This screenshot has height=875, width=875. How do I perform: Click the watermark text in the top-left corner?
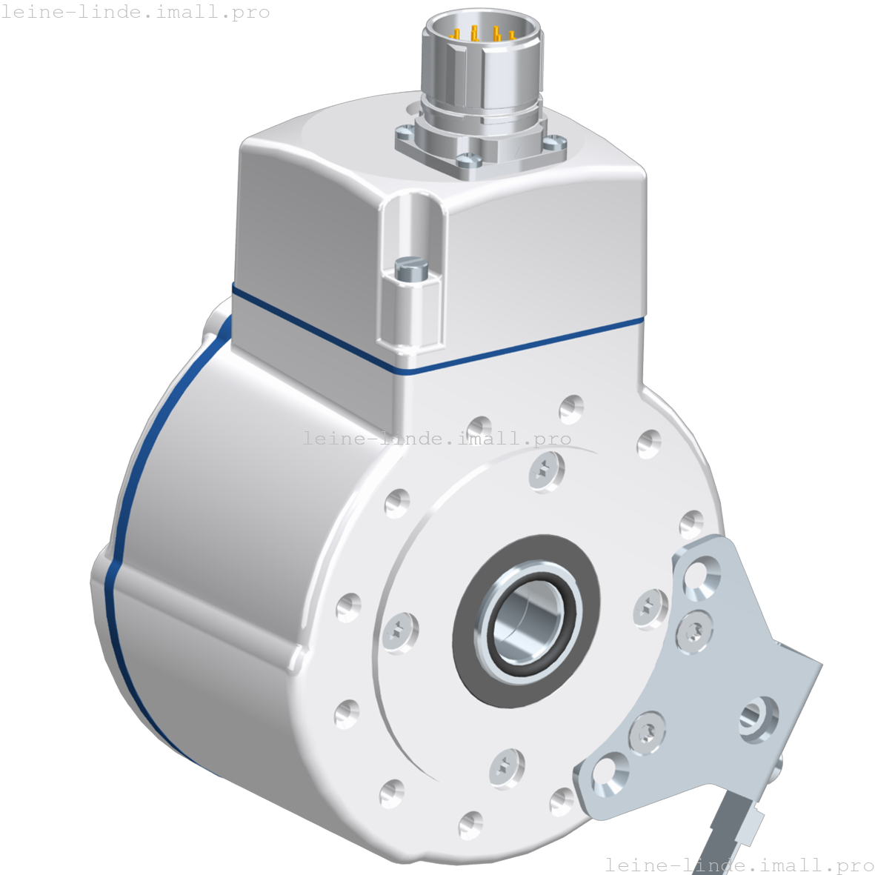(135, 12)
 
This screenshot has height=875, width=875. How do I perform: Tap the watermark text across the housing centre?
(437, 439)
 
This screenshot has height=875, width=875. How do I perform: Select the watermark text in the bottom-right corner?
(739, 865)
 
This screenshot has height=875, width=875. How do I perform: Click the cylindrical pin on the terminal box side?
(408, 268)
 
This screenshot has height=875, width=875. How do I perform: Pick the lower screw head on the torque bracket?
(648, 733)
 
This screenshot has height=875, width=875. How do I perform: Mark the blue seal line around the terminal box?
(519, 349)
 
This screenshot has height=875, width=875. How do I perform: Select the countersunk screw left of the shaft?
(400, 632)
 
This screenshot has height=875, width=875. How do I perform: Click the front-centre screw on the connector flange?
(468, 159)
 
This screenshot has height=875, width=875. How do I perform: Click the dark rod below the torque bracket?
(730, 830)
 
